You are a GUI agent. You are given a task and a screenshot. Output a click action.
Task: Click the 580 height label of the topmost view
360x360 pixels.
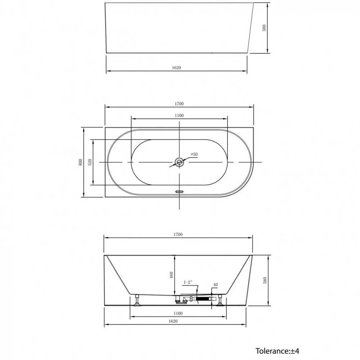264,28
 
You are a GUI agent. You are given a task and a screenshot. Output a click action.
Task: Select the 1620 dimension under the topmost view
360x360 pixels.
176,68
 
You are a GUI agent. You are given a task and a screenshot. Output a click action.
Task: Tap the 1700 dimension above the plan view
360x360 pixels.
179,104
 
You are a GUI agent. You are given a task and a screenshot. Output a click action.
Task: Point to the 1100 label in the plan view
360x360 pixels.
179,116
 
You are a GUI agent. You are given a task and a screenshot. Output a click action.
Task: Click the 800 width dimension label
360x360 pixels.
80,162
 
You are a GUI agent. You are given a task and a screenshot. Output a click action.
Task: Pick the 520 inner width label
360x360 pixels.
90,162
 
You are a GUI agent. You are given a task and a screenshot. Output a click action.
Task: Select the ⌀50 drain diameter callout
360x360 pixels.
194,154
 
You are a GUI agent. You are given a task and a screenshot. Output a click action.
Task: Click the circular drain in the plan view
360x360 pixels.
179,162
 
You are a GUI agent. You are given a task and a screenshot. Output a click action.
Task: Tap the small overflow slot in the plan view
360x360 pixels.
179,191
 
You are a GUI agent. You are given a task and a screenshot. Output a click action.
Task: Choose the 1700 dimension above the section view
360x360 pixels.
178,234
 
